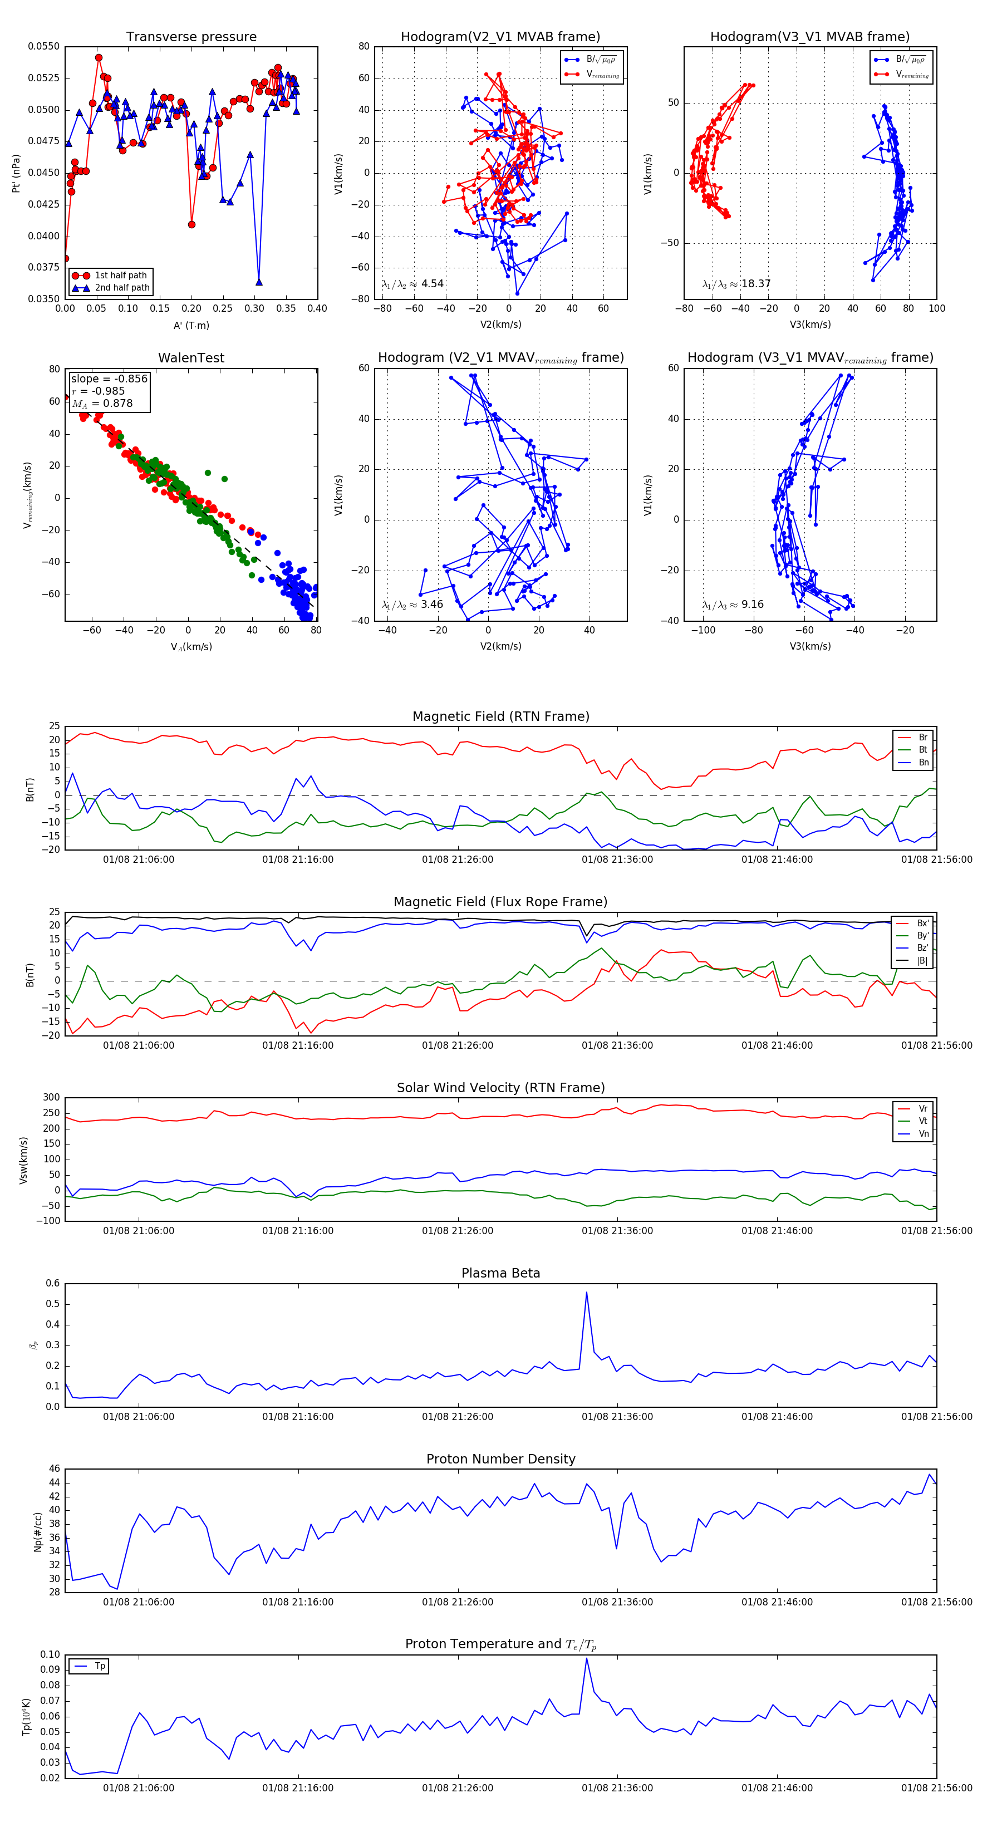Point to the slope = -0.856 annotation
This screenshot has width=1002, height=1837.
coord(109,379)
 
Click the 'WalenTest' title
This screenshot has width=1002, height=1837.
coord(191,358)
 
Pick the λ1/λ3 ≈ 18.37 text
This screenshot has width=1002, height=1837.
coord(736,284)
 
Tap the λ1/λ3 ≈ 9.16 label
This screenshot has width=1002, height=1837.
coord(733,605)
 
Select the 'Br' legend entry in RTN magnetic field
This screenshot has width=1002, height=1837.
coord(922,738)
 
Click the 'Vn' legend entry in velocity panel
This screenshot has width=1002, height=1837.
coord(923,1134)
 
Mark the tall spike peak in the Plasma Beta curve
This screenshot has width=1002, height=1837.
coord(586,1292)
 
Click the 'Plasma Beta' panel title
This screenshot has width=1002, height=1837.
coord(500,1274)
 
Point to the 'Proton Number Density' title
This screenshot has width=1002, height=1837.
coord(500,1459)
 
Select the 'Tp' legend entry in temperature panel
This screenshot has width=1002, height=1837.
coord(100,1667)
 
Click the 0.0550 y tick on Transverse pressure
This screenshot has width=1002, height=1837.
coord(44,46)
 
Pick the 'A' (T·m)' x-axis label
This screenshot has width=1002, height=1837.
coord(191,326)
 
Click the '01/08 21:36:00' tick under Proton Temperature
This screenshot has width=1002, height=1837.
coord(617,1788)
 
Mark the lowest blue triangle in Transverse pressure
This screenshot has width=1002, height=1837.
coord(259,282)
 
